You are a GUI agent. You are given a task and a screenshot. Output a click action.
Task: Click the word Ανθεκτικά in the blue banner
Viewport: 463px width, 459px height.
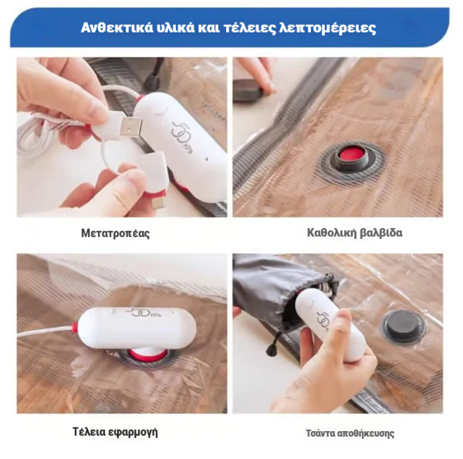[x=117, y=28]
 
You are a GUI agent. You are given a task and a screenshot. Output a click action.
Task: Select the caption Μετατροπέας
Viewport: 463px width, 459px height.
[x=116, y=233]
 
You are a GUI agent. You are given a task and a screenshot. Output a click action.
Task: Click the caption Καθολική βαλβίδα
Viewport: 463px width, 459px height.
[x=355, y=233]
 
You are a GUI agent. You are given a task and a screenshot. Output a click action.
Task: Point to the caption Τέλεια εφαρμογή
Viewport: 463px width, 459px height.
[x=115, y=432]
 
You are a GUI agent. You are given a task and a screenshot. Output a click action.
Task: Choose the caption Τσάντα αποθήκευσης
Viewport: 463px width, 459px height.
[x=350, y=433]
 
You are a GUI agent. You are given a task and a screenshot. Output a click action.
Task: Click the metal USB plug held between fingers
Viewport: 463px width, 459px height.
[x=131, y=127]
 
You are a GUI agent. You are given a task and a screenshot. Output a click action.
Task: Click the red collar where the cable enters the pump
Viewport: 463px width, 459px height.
[x=76, y=328]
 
